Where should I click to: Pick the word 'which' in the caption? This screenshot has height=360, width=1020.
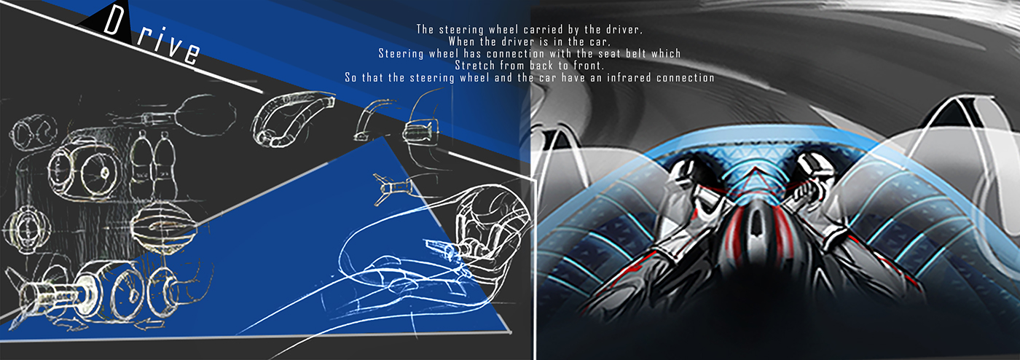(664, 53)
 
